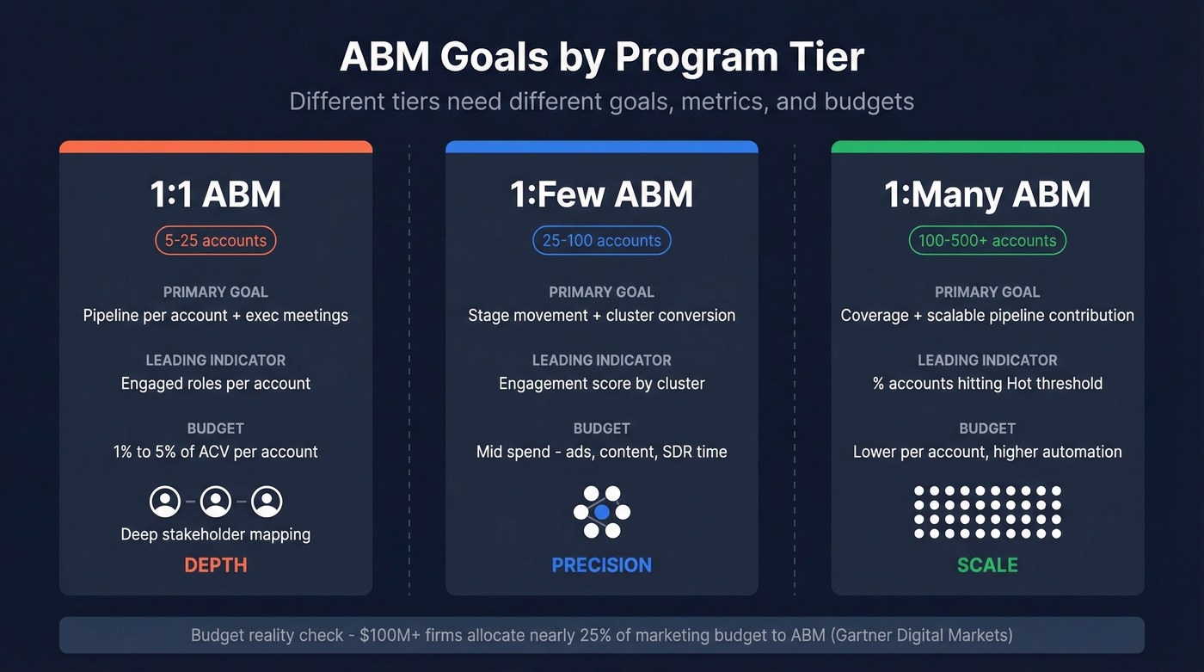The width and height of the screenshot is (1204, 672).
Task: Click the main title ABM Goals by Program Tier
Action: (x=601, y=58)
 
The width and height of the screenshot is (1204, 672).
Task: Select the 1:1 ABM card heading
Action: (x=215, y=194)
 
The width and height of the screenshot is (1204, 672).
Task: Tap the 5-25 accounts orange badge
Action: (x=215, y=240)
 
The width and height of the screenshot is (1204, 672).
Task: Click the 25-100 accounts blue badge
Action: (x=601, y=240)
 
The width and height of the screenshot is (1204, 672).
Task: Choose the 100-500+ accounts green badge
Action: (x=986, y=240)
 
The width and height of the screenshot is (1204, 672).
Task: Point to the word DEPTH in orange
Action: (x=215, y=565)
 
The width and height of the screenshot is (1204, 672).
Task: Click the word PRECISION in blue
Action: (x=601, y=565)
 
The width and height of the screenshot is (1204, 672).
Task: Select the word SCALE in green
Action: (x=986, y=565)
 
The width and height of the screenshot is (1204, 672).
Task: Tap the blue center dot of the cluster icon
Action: (x=602, y=512)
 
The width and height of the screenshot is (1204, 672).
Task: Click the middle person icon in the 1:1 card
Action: (x=216, y=501)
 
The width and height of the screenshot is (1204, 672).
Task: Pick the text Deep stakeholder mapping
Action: (x=215, y=534)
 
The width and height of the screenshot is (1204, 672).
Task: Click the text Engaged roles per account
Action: (x=215, y=383)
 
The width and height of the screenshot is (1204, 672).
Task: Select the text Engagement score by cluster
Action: (x=601, y=383)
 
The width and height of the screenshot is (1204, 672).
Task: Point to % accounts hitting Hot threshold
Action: (x=986, y=383)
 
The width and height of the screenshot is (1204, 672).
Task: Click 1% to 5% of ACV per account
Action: (x=215, y=452)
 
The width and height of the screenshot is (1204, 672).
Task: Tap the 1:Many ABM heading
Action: (x=986, y=194)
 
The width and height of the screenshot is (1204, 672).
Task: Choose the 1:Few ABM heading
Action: (x=601, y=194)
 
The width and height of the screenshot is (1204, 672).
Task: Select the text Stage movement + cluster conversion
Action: (x=601, y=315)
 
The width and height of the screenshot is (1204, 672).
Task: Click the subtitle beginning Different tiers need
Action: (x=601, y=102)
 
